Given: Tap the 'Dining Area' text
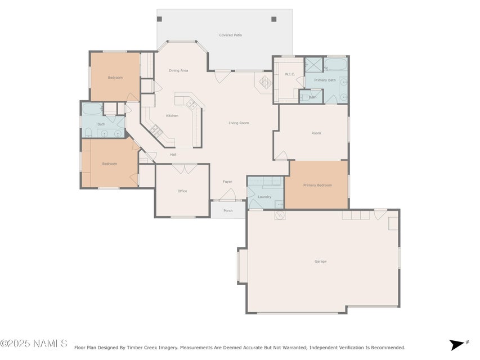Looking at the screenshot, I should (178, 70).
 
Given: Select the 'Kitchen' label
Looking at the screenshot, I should (172, 116).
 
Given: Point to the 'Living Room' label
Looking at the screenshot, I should (239, 123).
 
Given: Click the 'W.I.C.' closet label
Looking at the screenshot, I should (290, 74).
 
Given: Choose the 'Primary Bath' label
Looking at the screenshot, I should (325, 80).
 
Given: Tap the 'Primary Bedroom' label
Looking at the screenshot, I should (317, 185).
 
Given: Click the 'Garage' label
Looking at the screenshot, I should (320, 261).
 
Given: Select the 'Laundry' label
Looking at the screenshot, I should (264, 197).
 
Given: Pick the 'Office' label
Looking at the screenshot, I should (182, 191).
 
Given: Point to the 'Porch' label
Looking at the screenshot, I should (228, 211).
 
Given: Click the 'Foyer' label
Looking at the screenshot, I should (227, 182).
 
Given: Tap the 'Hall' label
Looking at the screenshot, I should (173, 155).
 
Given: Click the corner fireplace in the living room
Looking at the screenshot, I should (263, 82).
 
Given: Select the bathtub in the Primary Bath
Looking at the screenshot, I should (337, 65).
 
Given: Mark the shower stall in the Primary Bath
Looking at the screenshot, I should (314, 65).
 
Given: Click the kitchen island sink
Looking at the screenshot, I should (190, 104).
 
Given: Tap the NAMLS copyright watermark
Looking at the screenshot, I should (34, 343).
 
